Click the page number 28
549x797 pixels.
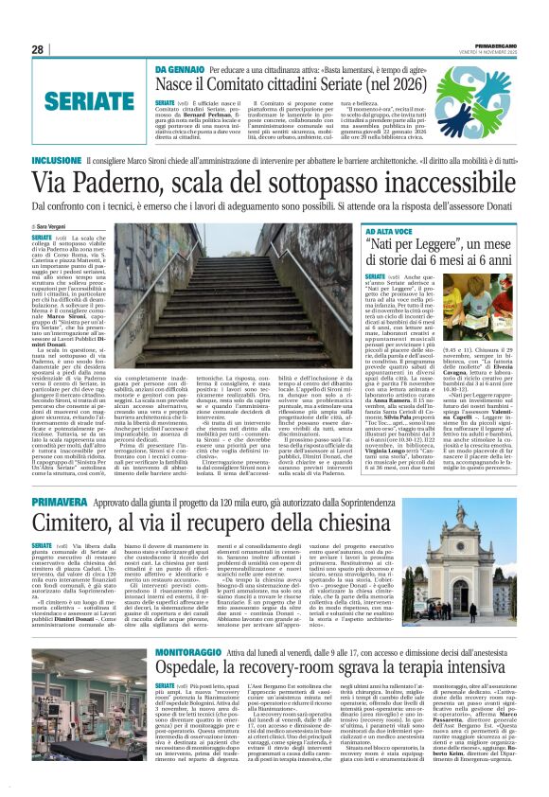click(37, 50)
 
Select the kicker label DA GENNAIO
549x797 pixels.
click(180, 69)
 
